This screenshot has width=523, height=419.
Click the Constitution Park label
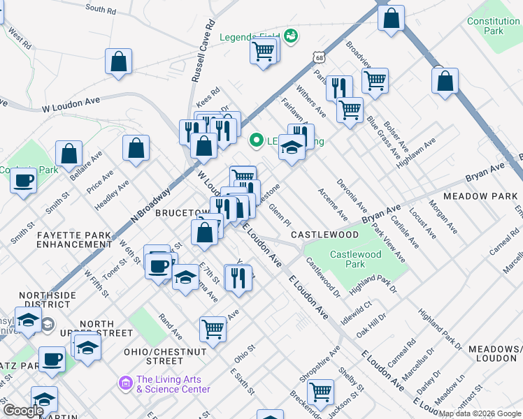[x=494, y=26]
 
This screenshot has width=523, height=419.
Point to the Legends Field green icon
[x=291, y=36]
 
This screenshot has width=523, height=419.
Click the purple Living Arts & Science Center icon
[x=126, y=383]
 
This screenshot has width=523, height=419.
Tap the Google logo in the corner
[x=23, y=411]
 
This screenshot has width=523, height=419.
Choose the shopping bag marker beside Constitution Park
[x=391, y=18]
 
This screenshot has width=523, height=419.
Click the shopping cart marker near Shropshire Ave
[x=321, y=392]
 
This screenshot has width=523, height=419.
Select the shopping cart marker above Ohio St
[x=213, y=328]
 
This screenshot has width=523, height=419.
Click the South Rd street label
[x=101, y=9]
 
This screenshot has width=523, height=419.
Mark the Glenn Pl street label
[x=280, y=214]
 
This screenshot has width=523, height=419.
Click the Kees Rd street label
[x=208, y=91]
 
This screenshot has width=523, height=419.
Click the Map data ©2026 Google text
[x=480, y=413]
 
